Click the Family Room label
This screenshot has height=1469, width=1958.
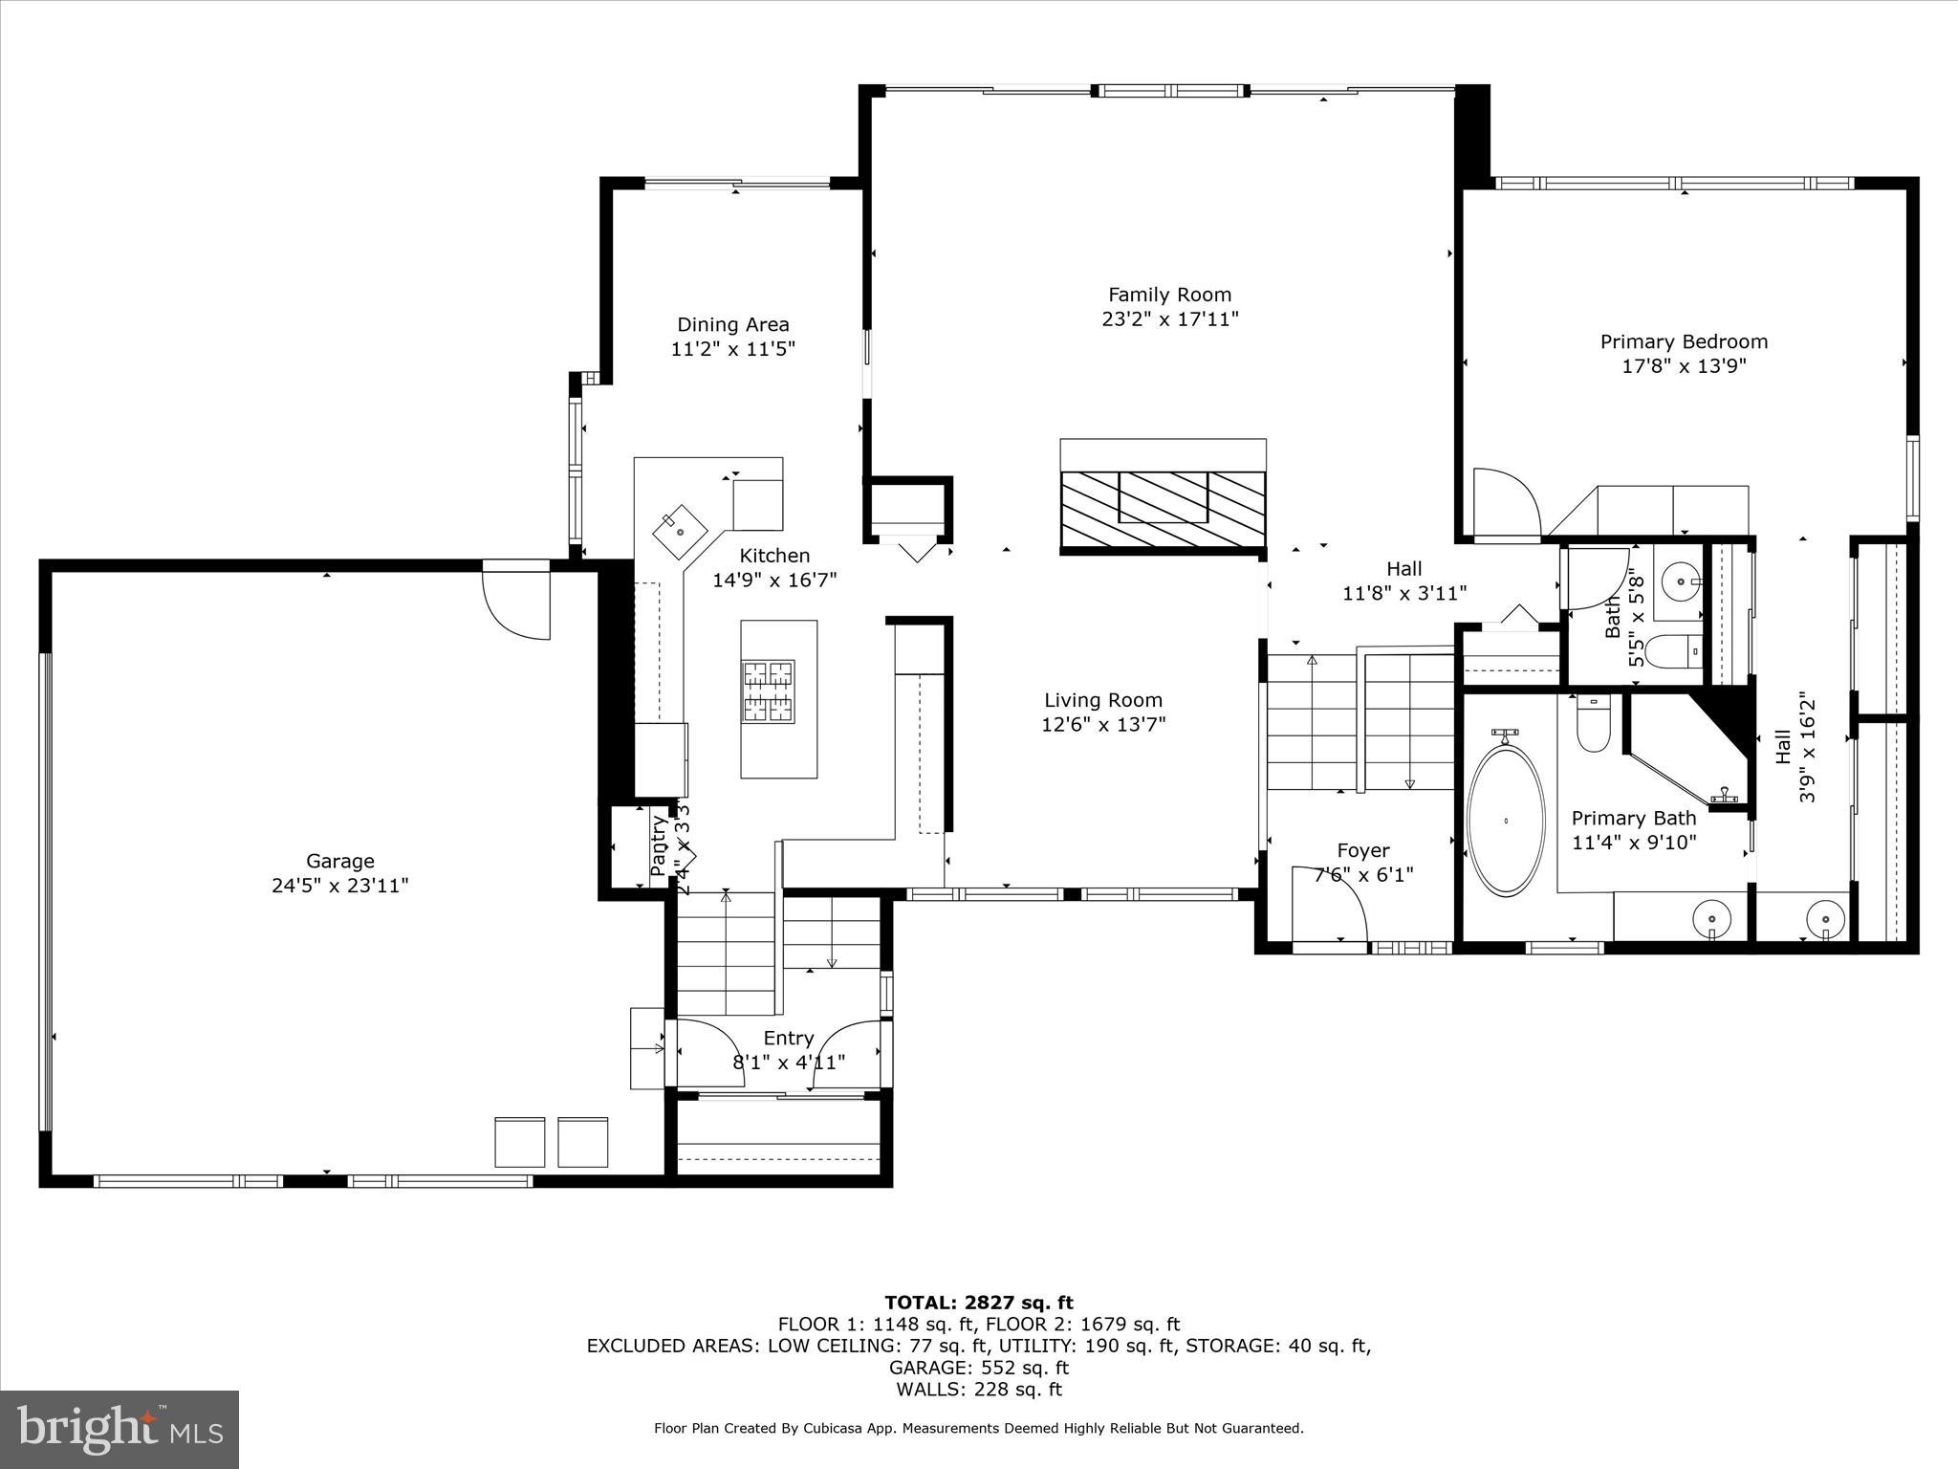(1169, 295)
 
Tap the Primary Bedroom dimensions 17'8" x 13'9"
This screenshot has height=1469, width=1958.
(1684, 366)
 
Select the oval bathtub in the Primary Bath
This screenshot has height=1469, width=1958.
(1506, 821)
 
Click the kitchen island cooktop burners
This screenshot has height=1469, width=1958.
(769, 691)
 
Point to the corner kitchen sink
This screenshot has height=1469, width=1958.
(680, 529)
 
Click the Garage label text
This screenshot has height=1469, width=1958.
(339, 861)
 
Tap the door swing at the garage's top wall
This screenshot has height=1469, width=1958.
(517, 603)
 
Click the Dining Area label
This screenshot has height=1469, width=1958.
(733, 324)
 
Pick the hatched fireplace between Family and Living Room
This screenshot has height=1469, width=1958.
(1163, 510)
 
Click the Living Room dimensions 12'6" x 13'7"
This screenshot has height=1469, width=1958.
(1103, 725)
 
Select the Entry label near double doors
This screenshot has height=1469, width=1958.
(789, 1038)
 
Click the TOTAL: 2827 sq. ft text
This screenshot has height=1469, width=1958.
(978, 1302)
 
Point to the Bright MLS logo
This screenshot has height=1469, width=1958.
(120, 1429)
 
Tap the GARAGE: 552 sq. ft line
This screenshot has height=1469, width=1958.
(978, 1368)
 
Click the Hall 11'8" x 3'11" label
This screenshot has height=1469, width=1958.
(1403, 581)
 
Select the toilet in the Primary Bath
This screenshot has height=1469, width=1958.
(1593, 725)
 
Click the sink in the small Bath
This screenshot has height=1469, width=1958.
(1680, 580)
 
